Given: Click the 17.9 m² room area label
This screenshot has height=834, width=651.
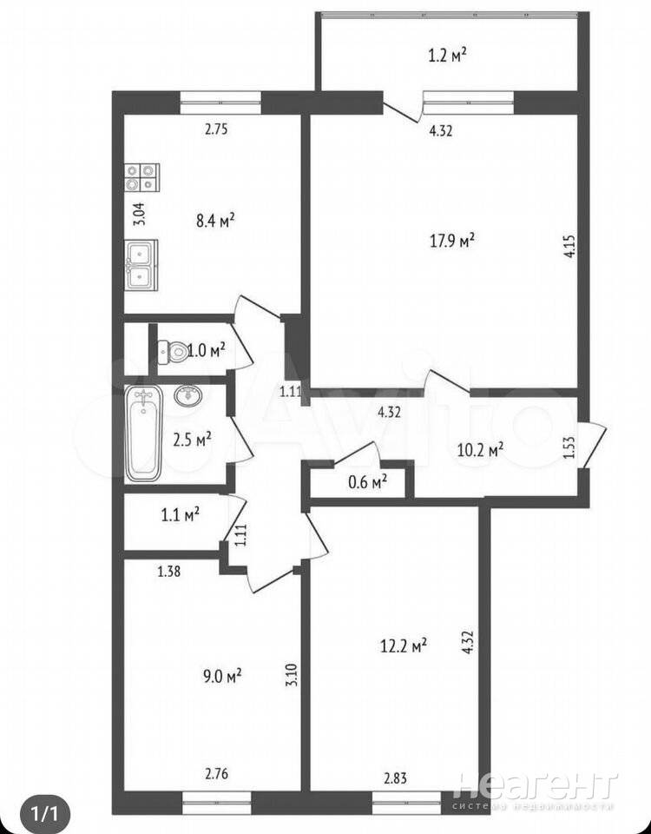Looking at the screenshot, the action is (x=451, y=241).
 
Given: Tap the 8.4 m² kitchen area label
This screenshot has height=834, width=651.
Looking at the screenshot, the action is (x=216, y=220).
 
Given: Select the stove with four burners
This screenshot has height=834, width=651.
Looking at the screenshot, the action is (x=142, y=177).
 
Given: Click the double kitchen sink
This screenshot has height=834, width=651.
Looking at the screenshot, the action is (x=141, y=264).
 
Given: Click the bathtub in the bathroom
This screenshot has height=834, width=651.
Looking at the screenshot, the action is (x=144, y=434).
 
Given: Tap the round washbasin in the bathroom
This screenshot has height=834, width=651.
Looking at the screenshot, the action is (x=187, y=396).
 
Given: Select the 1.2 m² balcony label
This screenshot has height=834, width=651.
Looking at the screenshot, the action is (x=448, y=55).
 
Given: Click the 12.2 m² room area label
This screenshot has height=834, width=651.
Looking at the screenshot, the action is (x=404, y=646).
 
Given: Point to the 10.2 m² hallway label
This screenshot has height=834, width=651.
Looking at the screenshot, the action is (x=480, y=451).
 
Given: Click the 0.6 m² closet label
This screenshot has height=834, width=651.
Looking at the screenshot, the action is (x=367, y=482).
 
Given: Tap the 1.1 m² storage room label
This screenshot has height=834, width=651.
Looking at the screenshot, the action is (x=180, y=514).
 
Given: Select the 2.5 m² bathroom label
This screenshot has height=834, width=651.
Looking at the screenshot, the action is (x=192, y=440).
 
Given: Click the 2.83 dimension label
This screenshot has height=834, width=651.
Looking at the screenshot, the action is (x=396, y=778).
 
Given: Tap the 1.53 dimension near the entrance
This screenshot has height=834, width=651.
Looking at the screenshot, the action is (x=569, y=448).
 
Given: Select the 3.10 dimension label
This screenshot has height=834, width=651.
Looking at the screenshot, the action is (x=292, y=690).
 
